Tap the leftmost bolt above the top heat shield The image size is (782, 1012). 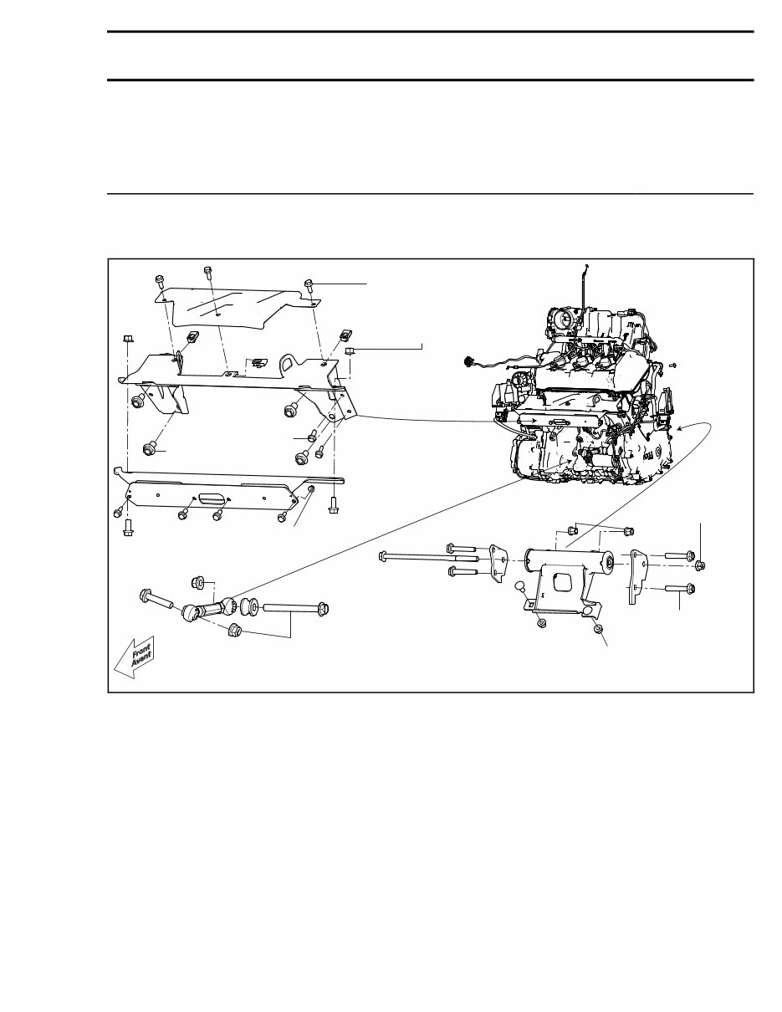click(x=159, y=281)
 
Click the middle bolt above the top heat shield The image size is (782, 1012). click(x=207, y=271)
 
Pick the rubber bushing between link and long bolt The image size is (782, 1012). click(x=248, y=604)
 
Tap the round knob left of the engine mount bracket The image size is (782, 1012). click(x=520, y=587)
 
